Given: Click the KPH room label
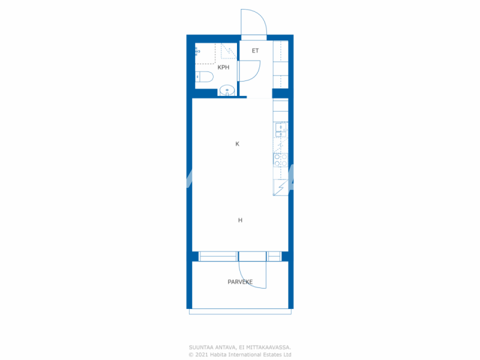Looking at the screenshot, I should pos(223,67).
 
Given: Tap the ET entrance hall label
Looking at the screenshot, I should pos(255,51).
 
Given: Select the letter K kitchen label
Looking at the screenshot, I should pos(237,144).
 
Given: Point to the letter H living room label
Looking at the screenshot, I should pos(240,220).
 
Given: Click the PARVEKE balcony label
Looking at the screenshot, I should pos(240,282).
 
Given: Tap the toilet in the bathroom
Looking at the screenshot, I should pos(204,77).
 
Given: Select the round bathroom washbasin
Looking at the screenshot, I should pos(227,90).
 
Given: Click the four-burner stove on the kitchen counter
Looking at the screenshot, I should pos(280,160).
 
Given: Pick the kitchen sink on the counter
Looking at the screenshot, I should pos(280,128).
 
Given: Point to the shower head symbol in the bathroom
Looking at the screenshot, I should pos(197,51).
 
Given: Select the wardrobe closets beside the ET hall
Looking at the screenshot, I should pos(280,64).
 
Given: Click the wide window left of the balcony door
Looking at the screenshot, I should pos(218,256).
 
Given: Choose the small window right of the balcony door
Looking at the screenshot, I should pos(274,256).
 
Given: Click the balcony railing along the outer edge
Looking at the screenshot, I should pos(240,312).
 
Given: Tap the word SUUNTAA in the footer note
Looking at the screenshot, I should pos(201,348).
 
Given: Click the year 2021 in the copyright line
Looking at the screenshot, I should pos(202,355).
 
